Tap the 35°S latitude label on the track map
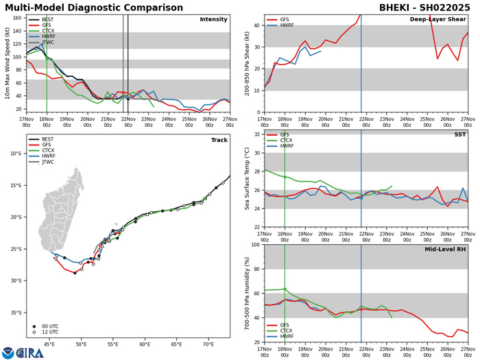(15, 313)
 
